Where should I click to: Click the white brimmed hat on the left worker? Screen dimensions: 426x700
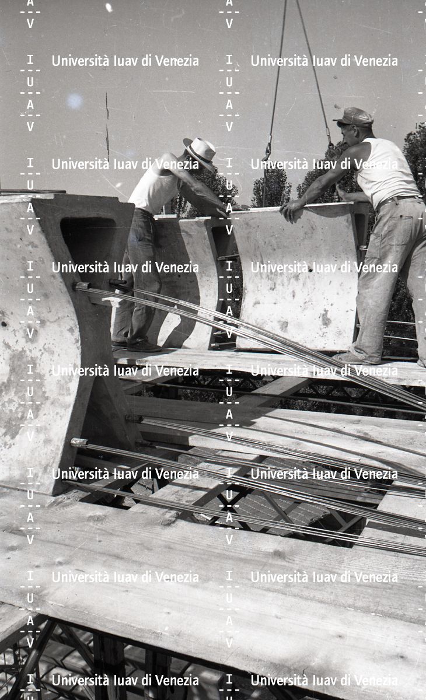tap(200, 151)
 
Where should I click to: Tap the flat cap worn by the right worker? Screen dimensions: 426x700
tap(354, 117)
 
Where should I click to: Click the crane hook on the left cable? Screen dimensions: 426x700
tap(267, 151)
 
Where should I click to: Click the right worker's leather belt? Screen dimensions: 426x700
tap(396, 200)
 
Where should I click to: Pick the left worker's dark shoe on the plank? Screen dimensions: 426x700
tap(143, 346)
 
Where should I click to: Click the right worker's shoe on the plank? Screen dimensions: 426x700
tap(357, 358)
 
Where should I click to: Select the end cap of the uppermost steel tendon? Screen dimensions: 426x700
tap(82, 286)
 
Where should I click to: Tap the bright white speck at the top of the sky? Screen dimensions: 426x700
tap(109, 8)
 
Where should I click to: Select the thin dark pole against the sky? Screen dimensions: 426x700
tap(107, 125)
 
